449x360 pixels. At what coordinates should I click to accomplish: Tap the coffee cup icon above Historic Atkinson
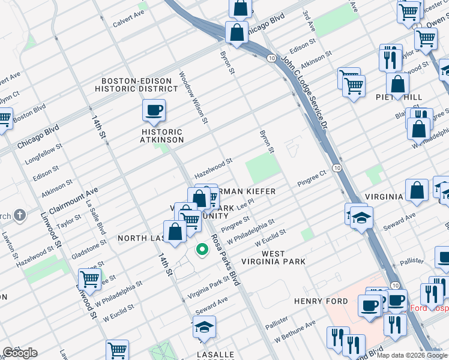click(154, 110)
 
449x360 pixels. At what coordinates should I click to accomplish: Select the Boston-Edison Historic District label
click(139, 85)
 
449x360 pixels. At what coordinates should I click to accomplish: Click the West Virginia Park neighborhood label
click(273, 258)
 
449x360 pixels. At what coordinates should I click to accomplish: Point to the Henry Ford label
click(321, 301)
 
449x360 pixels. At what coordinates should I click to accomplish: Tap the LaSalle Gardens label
click(215, 355)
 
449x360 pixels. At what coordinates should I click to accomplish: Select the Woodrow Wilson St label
click(193, 98)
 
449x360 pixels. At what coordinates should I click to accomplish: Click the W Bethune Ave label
click(295, 331)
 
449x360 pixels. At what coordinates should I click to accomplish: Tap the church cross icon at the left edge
click(19, 215)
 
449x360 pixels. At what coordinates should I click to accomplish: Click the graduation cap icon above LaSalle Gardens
click(204, 327)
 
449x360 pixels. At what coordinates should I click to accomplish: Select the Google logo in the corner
click(20, 353)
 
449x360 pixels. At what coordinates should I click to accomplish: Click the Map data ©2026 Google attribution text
click(412, 355)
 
